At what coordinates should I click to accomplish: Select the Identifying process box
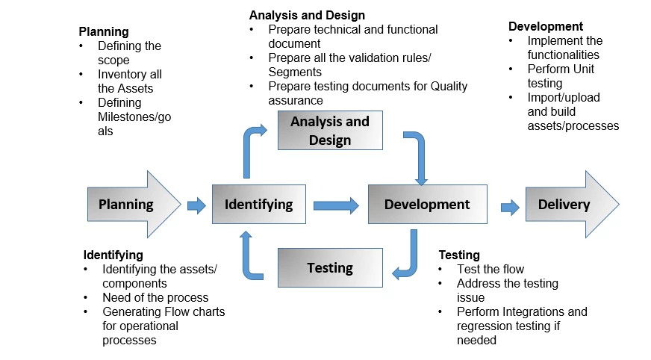click(258, 204)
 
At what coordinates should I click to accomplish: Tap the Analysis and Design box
click(330, 130)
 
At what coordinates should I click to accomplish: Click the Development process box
click(427, 204)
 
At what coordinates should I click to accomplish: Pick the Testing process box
click(330, 267)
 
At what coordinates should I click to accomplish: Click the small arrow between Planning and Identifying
click(196, 205)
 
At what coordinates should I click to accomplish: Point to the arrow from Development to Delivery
click(510, 207)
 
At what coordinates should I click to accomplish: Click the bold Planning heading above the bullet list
click(104, 31)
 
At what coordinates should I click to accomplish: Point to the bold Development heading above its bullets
click(546, 26)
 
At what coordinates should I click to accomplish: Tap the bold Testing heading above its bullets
click(459, 255)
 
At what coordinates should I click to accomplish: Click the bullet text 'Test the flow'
click(490, 269)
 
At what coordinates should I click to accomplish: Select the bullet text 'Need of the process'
click(155, 297)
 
